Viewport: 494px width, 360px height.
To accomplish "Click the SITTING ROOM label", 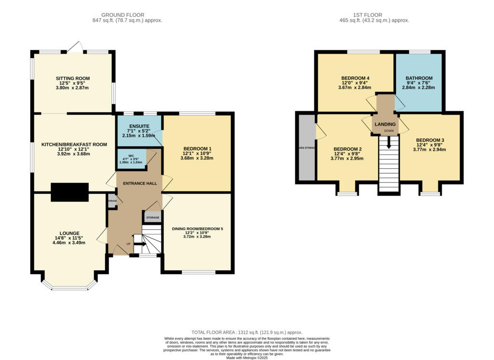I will click(73, 78).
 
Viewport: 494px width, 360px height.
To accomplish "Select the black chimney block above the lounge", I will click(70, 192).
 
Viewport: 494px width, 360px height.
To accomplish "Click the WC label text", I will click(131, 155).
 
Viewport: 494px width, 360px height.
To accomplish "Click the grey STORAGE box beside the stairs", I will click(152, 218).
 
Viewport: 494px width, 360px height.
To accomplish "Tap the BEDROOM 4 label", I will click(355, 78).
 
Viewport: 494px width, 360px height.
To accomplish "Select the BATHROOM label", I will click(419, 78).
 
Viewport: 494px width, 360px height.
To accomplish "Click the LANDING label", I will click(385, 124).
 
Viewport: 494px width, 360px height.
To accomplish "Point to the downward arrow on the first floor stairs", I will click(389, 143).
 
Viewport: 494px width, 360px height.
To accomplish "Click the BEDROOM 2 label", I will click(348, 149).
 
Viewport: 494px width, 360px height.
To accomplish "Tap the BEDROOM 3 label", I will click(429, 140).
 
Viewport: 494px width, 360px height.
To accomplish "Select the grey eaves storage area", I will click(306, 147).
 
